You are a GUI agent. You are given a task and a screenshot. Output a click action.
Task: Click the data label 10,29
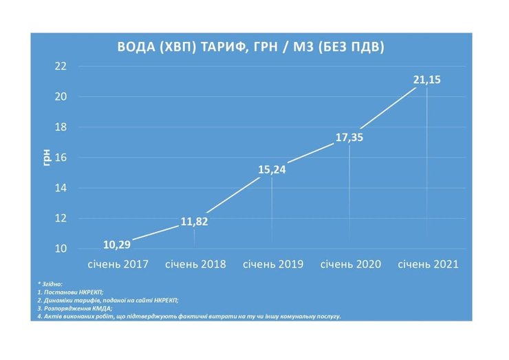pyautogui.click(x=117, y=244)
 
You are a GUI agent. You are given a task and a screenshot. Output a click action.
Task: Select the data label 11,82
pyautogui.click(x=194, y=222)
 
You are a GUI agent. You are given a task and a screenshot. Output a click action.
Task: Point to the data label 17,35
pyautogui.click(x=349, y=138)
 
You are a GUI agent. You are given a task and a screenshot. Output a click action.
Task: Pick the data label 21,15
pyautogui.click(x=426, y=81)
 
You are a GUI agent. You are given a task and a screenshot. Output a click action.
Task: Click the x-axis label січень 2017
pyautogui.click(x=117, y=264)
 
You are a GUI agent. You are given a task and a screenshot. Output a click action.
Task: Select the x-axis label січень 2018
pyautogui.click(x=195, y=264)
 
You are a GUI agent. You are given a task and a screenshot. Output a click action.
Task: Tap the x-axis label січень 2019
pyautogui.click(x=272, y=264)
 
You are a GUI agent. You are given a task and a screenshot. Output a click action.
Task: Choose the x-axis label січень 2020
pyautogui.click(x=350, y=264)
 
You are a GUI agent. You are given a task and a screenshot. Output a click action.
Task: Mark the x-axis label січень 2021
pyautogui.click(x=428, y=264)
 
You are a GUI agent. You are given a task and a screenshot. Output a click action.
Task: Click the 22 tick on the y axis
pyautogui.click(x=61, y=66)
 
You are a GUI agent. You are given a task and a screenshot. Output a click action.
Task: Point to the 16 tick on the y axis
pyautogui.click(x=61, y=158)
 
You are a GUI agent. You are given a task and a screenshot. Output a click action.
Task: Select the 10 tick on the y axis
pyautogui.click(x=61, y=248)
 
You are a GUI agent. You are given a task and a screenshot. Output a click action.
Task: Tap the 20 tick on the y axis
pyautogui.click(x=61, y=96)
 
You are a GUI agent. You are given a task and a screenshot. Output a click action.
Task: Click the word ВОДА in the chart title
pyautogui.click(x=138, y=47)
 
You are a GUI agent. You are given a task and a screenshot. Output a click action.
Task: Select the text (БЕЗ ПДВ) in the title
pyautogui.click(x=351, y=47)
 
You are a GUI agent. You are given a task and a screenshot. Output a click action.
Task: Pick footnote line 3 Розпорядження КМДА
pyautogui.click(x=75, y=308)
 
